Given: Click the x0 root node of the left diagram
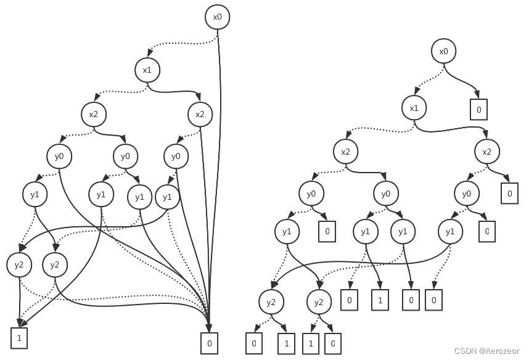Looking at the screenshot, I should pyautogui.click(x=217, y=17).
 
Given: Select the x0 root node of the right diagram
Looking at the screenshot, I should pyautogui.click(x=443, y=51).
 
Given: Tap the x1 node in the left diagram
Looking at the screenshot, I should pyautogui.click(x=147, y=70).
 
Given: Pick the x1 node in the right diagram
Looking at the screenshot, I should pyautogui.click(x=414, y=108).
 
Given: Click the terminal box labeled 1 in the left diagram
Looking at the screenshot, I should pyautogui.click(x=19, y=338).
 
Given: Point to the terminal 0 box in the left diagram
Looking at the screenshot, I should pyautogui.click(x=210, y=343).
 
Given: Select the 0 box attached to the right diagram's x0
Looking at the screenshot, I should pyautogui.click(x=478, y=109).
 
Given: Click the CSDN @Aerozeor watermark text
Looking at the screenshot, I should pyautogui.click(x=490, y=351).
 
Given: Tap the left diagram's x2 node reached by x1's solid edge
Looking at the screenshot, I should pyautogui.click(x=200, y=114).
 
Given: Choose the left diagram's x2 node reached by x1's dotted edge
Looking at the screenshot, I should pyautogui.click(x=93, y=114).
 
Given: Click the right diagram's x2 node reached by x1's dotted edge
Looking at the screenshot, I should pyautogui.click(x=346, y=152).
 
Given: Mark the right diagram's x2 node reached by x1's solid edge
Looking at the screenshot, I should pyautogui.click(x=486, y=152).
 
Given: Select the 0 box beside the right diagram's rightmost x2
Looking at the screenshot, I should pyautogui.click(x=509, y=194).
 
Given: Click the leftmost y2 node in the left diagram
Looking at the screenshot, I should pyautogui.click(x=19, y=265).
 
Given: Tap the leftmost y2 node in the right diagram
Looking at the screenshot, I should pyautogui.click(x=271, y=303).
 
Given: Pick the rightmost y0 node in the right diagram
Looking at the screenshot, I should pyautogui.click(x=466, y=194).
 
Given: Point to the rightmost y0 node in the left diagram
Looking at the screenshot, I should pyautogui.click(x=176, y=156).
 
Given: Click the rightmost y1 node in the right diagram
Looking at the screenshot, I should pyautogui.click(x=451, y=231).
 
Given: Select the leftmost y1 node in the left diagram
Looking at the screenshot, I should pyautogui.click(x=35, y=195).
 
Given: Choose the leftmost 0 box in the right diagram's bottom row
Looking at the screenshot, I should pyautogui.click(x=253, y=343).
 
